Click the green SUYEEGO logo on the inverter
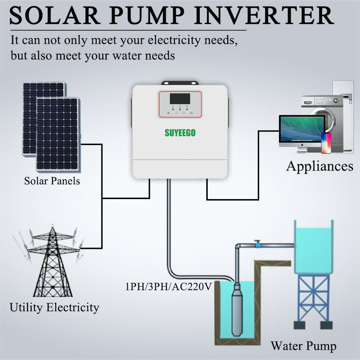point(180,133)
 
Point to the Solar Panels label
point(52,181)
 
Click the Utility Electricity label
point(54,307)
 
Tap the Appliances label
point(319,166)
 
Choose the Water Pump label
point(303,345)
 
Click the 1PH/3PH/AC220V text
point(169,287)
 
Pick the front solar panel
point(58,133)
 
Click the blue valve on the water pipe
point(257,244)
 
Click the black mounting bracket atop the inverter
point(180,83)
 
